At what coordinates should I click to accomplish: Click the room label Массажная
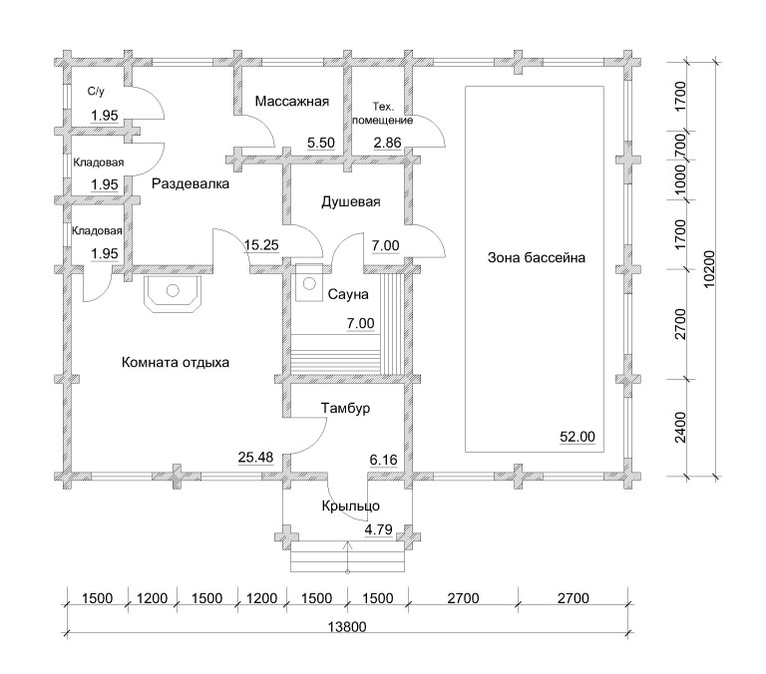[x=291, y=101]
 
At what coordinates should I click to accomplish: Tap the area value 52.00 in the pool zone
[x=577, y=436]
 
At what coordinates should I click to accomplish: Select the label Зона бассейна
[x=536, y=257]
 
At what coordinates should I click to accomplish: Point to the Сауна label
[x=348, y=294]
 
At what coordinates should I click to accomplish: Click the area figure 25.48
[x=255, y=458]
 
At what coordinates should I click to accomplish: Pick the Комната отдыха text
[x=175, y=362]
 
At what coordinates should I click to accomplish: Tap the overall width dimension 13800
[x=347, y=626]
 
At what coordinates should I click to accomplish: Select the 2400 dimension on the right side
[x=680, y=428]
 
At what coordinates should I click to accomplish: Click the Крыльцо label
[x=350, y=505]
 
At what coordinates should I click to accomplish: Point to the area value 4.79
[x=379, y=529]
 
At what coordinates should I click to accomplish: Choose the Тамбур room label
[x=345, y=408]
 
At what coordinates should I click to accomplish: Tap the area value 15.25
[x=261, y=244]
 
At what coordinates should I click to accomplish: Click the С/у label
[x=96, y=92]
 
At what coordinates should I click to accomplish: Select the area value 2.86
[x=387, y=143]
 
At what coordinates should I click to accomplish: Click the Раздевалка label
[x=191, y=184]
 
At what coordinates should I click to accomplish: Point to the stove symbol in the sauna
[x=309, y=283]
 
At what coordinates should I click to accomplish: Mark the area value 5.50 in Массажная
[x=321, y=143]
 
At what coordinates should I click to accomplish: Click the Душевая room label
[x=351, y=201]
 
